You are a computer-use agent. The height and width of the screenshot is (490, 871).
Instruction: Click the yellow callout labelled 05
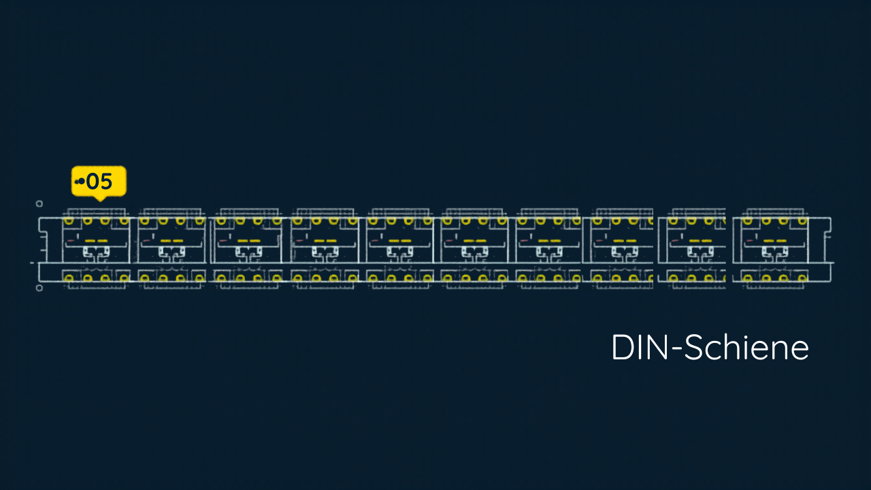99,182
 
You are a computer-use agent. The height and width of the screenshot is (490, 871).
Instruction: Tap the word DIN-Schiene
710,347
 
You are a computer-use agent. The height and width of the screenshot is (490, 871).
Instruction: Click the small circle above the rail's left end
39,203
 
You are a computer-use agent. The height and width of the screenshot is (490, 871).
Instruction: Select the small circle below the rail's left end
39,288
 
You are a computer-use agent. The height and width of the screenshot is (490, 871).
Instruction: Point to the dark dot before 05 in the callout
81,181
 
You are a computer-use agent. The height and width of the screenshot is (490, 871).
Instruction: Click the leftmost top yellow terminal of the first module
69,221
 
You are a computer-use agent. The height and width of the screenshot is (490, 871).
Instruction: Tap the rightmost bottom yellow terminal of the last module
802,278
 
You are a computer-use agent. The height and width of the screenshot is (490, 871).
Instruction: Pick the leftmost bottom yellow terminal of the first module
69,278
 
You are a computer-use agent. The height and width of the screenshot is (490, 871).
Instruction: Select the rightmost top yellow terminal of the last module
802,221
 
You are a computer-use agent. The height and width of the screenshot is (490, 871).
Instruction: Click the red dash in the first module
71,241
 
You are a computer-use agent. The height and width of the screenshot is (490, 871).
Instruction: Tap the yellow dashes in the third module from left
249,241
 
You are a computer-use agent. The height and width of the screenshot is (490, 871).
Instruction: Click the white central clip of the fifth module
399,253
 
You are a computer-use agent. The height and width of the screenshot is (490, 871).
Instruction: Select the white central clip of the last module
775,253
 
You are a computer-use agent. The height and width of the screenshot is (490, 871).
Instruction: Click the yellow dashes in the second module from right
700,241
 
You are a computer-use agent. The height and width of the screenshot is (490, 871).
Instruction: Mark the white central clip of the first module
96,253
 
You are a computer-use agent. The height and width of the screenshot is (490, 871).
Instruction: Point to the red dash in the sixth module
449,241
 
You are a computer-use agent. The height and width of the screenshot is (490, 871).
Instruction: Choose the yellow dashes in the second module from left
172,241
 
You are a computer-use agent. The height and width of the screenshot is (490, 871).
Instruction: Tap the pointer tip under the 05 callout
100,201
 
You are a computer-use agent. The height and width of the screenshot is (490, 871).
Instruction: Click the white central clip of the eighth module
624,253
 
